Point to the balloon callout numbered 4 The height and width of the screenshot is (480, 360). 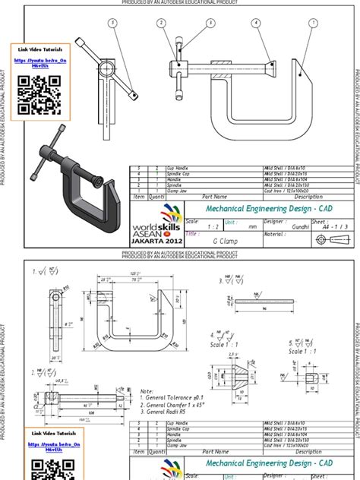coord(257,23)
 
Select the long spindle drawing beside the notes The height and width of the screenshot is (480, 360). coord(87,397)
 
